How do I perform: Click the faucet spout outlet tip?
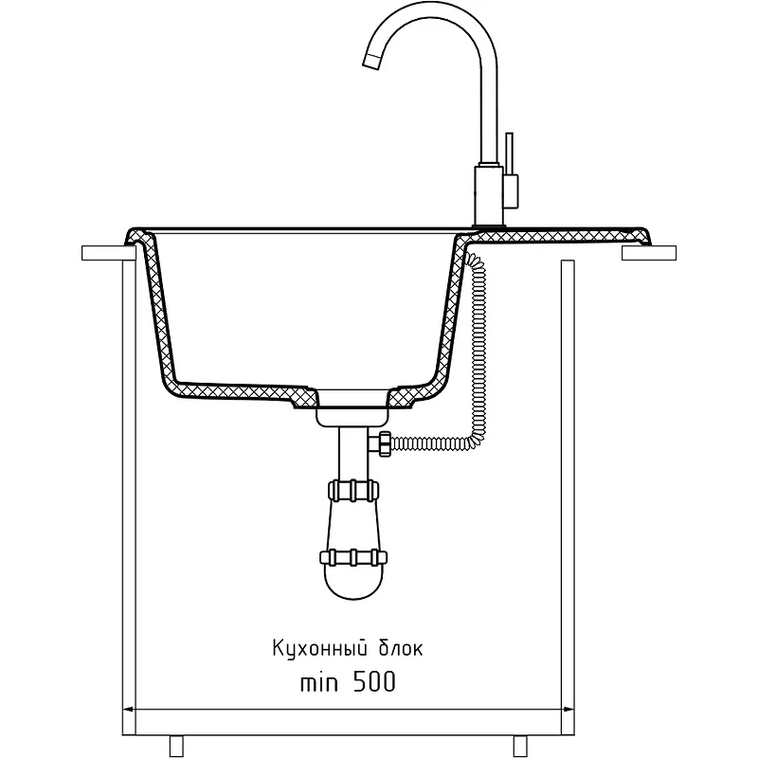point(371,61)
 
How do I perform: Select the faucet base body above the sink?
point(490,195)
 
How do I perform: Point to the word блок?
point(400,647)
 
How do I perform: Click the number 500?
point(374,682)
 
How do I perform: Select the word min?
point(319,682)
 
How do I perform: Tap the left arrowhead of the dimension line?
point(129,709)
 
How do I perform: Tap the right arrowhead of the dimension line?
point(568,709)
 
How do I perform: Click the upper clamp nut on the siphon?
point(353,490)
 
